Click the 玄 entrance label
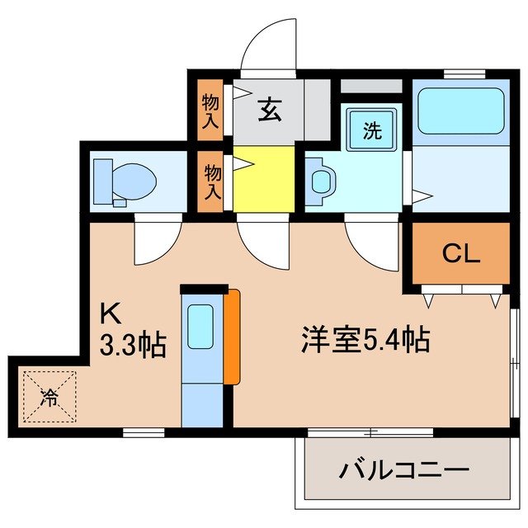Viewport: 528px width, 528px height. click(268, 109)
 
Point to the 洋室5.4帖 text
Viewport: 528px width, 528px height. click(365, 339)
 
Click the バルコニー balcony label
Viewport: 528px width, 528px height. click(398, 473)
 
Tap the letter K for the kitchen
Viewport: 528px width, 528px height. click(110, 314)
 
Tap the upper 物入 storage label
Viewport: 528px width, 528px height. click(210, 111)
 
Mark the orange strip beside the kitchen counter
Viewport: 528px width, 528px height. click(233, 336)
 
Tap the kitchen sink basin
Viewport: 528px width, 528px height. click(200, 326)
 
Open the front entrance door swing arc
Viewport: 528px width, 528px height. click(266, 45)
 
